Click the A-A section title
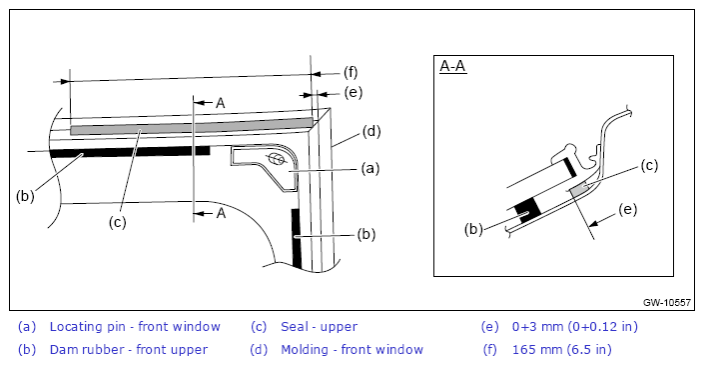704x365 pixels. click(453, 67)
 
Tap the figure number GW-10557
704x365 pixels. click(667, 303)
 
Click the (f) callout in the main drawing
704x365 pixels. click(351, 72)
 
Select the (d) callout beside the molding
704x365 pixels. click(371, 132)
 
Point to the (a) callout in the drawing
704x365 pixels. click(370, 169)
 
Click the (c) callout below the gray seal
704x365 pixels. click(118, 222)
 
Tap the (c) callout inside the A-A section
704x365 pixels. click(649, 166)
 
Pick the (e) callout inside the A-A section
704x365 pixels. click(628, 209)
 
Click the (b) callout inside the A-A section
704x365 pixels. click(473, 229)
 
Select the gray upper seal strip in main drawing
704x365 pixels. click(192, 126)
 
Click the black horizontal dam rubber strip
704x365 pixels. click(130, 151)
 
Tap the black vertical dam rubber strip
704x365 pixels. click(297, 238)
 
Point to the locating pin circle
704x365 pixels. click(277, 159)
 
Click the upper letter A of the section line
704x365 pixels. click(220, 103)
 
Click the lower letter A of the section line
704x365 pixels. click(221, 214)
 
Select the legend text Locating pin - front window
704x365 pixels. click(135, 327)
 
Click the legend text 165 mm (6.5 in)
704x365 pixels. click(561, 349)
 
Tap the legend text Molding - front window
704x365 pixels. click(352, 349)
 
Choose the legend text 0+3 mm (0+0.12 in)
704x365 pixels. click(575, 327)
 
